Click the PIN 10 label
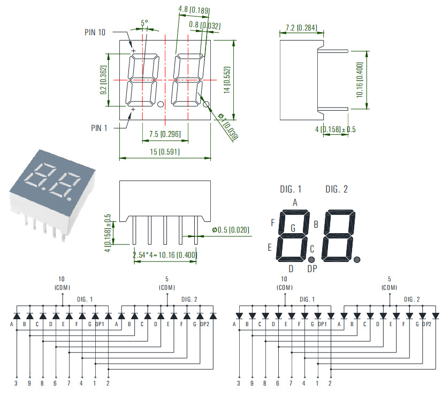[95, 32]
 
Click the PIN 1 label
[99, 128]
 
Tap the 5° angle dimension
[144, 24]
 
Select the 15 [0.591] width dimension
[165, 152]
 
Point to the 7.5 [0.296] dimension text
[165, 134]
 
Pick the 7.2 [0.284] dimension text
[301, 27]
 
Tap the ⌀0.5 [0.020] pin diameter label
[231, 230]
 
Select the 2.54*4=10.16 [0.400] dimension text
[165, 255]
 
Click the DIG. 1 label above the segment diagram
[291, 189]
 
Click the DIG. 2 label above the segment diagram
[337, 189]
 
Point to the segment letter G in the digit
[293, 228]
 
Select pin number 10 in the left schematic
[62, 279]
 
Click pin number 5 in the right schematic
[390, 279]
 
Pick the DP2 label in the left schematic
[203, 324]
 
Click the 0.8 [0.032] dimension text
[204, 25]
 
